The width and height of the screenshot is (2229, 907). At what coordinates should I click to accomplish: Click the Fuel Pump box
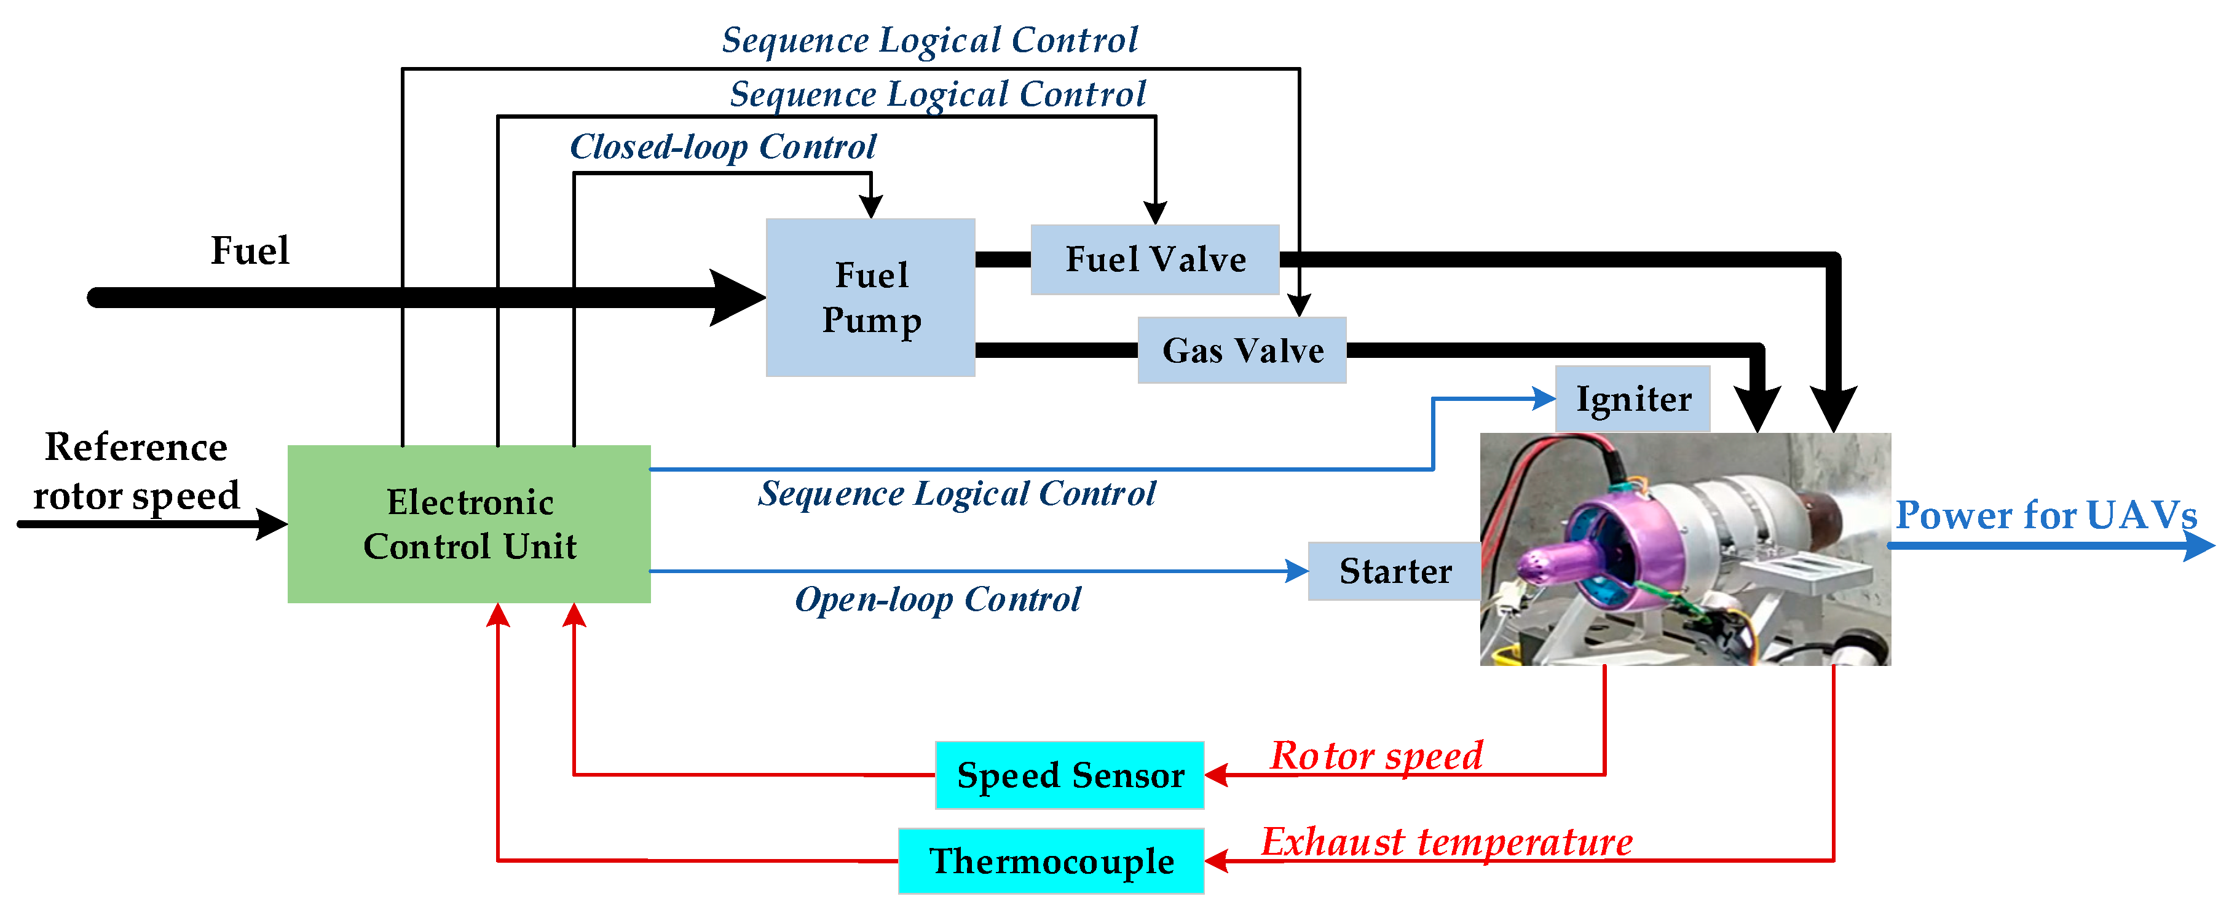pos(870,297)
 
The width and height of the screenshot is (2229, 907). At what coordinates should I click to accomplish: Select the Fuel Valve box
pos(1154,259)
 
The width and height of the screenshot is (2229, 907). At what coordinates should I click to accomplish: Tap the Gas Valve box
pos(1242,351)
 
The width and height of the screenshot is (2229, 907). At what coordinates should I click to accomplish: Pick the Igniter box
pos(1632,399)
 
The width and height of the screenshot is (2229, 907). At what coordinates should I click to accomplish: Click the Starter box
pos(1394,571)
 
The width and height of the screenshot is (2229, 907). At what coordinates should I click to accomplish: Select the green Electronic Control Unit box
pos(469,524)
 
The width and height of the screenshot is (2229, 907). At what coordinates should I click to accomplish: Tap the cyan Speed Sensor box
pos(1070,775)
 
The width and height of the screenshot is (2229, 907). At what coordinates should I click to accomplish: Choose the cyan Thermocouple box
pos(1051,860)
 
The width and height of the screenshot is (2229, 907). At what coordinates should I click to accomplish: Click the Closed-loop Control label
pos(722,147)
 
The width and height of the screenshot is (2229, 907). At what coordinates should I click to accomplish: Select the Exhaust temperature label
pos(1447,841)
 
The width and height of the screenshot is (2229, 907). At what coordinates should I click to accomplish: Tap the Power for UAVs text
pos(2046,516)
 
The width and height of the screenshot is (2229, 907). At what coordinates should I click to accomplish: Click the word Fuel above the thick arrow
pos(250,251)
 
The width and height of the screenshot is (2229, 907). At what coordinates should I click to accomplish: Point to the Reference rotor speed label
pos(136,472)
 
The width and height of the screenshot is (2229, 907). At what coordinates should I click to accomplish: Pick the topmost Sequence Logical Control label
pos(930,40)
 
